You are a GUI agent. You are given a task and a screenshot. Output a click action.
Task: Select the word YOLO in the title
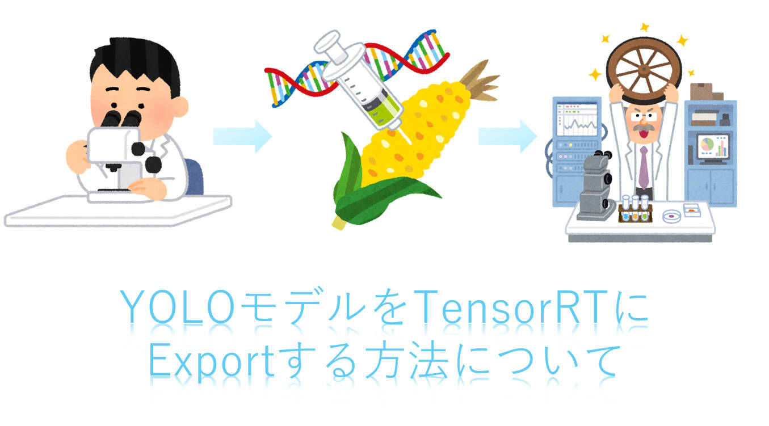click(x=178, y=307)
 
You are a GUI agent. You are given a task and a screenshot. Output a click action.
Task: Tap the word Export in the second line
click(x=212, y=361)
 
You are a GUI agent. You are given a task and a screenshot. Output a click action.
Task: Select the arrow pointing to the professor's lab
click(x=508, y=136)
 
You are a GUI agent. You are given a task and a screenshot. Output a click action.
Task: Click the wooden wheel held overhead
click(x=644, y=70)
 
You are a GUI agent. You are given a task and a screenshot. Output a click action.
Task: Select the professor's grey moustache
click(x=644, y=128)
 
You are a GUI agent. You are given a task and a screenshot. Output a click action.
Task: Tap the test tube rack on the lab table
click(x=635, y=210)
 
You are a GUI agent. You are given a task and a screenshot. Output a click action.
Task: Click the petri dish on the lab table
click(x=671, y=217)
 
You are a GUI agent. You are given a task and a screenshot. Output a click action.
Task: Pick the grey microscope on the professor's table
click(x=596, y=187)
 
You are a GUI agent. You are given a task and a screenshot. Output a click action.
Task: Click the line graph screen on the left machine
click(x=577, y=120)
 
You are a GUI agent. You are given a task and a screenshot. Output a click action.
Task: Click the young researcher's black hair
click(x=136, y=64)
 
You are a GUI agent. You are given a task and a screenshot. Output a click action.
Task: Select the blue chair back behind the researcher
click(x=194, y=176)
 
